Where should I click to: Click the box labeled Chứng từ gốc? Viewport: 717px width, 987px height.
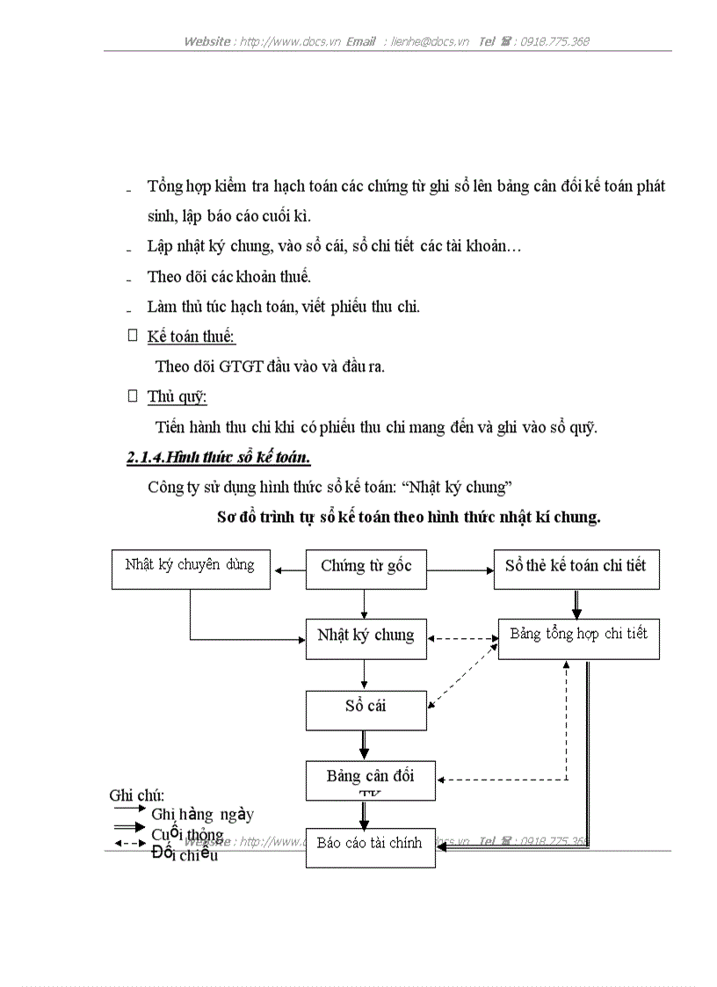tap(366, 569)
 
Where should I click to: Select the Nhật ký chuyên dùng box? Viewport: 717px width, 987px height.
tap(191, 569)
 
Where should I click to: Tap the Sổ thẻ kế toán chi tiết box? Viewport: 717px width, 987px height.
tap(576, 569)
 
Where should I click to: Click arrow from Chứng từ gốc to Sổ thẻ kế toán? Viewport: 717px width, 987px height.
tap(460, 570)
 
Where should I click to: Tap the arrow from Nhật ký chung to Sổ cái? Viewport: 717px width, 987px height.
tap(364, 674)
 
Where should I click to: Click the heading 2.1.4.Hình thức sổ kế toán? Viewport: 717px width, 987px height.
tap(218, 458)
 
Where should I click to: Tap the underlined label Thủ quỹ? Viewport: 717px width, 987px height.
tap(177, 397)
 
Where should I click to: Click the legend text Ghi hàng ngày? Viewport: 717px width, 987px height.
tap(202, 815)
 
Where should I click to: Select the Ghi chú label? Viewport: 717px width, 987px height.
tap(136, 795)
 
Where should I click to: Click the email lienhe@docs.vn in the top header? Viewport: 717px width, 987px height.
tap(430, 41)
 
